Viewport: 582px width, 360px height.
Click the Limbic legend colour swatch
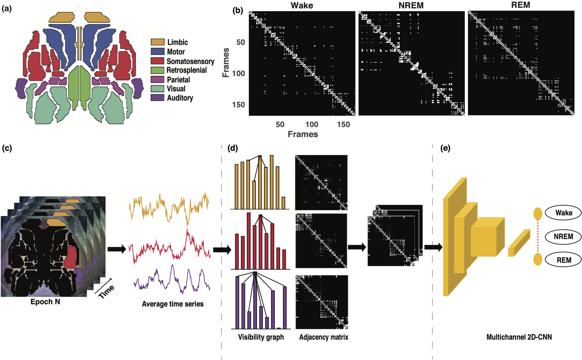(158, 42)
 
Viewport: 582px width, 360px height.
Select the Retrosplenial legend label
(187, 70)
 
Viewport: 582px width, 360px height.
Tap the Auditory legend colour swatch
(158, 98)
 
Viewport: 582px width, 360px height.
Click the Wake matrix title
(302, 6)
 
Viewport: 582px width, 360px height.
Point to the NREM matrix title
(411, 6)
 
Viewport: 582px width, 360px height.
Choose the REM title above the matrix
(520, 5)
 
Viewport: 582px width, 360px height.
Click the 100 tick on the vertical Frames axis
(239, 74)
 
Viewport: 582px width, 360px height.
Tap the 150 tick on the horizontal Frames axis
(343, 125)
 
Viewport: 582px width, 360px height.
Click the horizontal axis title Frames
(303, 134)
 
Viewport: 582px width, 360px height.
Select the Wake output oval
(563, 213)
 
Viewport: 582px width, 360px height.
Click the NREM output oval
(563, 237)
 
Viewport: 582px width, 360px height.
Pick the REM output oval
(563, 260)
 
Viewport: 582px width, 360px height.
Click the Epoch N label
(45, 302)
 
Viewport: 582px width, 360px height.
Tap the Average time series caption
(173, 304)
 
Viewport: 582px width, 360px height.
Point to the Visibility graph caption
(261, 337)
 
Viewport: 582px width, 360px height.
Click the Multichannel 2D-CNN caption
(519, 337)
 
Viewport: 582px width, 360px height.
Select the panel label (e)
(445, 148)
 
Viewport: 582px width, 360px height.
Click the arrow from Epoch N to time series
(117, 249)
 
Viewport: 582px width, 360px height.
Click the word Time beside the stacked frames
(106, 291)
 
